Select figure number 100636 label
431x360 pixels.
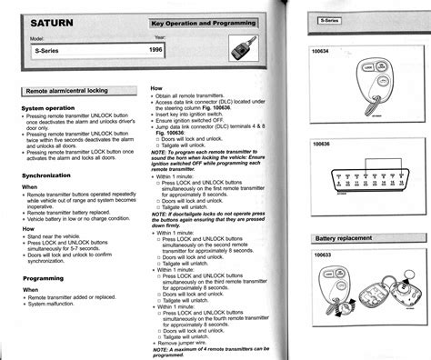pyautogui.click(x=326, y=144)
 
